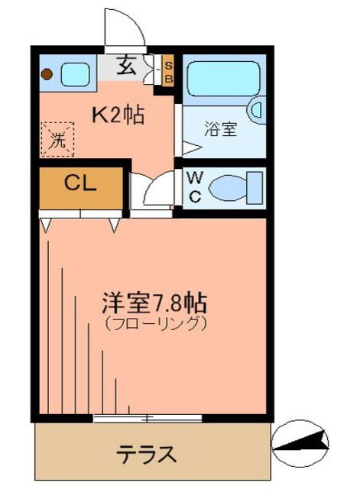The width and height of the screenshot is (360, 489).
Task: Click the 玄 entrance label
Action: [127, 66]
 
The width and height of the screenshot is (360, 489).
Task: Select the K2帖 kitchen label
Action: [118, 116]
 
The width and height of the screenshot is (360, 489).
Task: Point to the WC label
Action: [193, 187]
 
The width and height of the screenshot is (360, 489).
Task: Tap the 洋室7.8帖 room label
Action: [154, 300]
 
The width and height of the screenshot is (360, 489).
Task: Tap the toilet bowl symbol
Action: [229, 186]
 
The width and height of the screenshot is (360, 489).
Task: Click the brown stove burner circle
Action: [47, 75]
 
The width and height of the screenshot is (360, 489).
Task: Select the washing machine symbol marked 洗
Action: [57, 139]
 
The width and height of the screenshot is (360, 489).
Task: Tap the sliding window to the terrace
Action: [148, 417]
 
